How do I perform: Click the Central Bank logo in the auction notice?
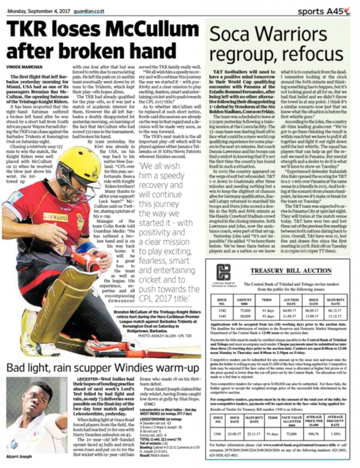(224, 273)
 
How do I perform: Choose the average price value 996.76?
(314, 434)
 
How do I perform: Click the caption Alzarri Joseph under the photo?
(19, 457)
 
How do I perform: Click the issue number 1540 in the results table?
(218, 434)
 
